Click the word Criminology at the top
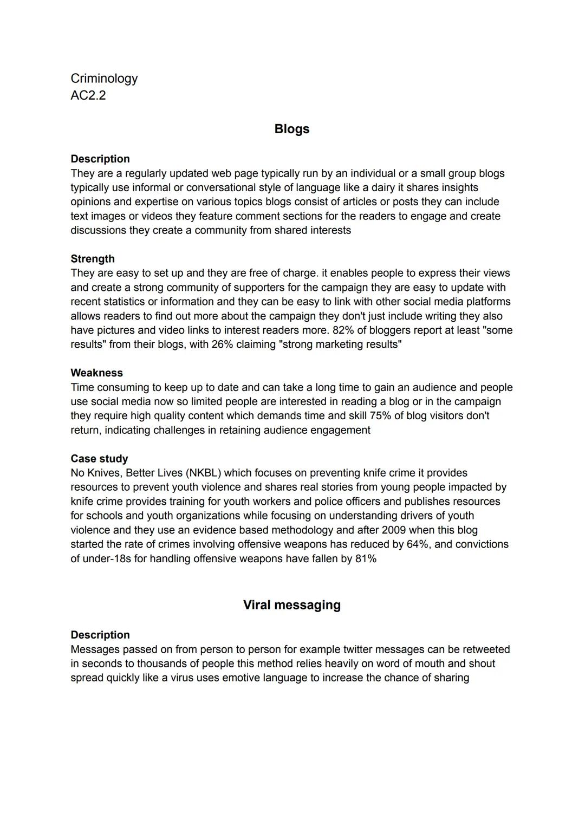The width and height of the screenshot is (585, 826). click(x=104, y=79)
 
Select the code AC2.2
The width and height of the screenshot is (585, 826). click(x=88, y=95)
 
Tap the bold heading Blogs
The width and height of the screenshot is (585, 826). click(x=291, y=129)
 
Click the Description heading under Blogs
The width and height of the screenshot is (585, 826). click(x=100, y=159)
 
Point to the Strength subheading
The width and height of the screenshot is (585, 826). click(x=93, y=259)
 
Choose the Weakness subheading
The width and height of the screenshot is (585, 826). click(x=96, y=373)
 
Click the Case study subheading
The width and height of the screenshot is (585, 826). click(x=99, y=459)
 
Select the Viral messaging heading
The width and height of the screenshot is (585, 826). click(x=291, y=605)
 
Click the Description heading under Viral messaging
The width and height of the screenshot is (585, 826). click(x=100, y=635)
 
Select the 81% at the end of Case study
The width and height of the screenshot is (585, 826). click(x=366, y=558)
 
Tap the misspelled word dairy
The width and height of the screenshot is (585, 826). click(x=387, y=188)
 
